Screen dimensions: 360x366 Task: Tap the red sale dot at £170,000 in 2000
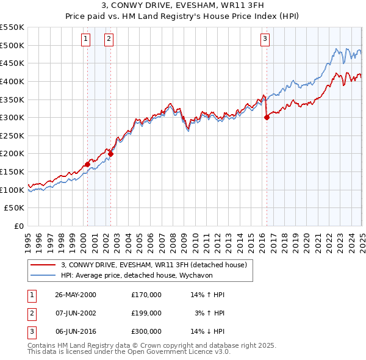pos(87,164)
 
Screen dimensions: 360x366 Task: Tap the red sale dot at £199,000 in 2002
pos(110,154)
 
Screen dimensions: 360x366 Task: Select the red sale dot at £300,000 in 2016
pos(267,118)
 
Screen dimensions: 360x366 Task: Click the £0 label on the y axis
pos(18,226)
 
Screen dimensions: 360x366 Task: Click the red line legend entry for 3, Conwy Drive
pos(153,265)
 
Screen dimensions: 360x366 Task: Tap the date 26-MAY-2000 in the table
pos(76,295)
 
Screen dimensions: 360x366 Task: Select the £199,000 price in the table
pos(146,313)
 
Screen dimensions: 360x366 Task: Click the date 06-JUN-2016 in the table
pos(76,331)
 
